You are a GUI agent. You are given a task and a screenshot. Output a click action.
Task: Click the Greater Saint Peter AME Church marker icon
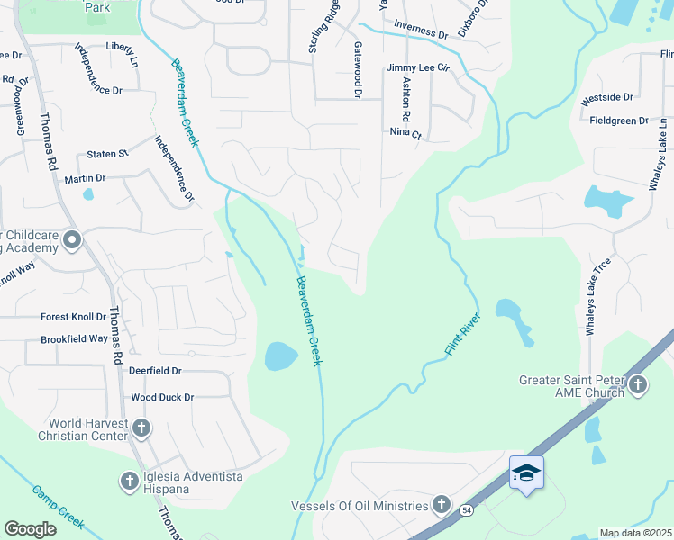(637, 385)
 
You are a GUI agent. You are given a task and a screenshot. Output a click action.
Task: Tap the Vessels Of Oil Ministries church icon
(441, 503)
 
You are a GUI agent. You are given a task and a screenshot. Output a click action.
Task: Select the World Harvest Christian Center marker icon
(141, 426)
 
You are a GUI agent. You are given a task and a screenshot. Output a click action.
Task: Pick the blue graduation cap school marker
(526, 472)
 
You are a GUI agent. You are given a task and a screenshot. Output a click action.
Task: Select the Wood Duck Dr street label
(168, 397)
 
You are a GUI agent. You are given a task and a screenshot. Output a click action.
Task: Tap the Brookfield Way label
(74, 339)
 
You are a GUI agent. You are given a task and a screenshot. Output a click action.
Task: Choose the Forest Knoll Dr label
(73, 317)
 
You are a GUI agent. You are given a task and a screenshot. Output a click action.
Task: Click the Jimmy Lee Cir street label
(417, 67)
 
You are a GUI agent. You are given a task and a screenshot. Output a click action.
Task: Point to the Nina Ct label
(405, 132)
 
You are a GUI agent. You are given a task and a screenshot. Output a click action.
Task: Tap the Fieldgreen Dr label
(619, 121)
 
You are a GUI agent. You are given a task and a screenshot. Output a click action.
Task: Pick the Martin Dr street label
(86, 178)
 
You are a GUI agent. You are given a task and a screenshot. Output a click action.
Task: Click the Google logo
(30, 529)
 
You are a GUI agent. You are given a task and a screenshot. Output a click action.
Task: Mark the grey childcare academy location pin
(72, 240)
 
